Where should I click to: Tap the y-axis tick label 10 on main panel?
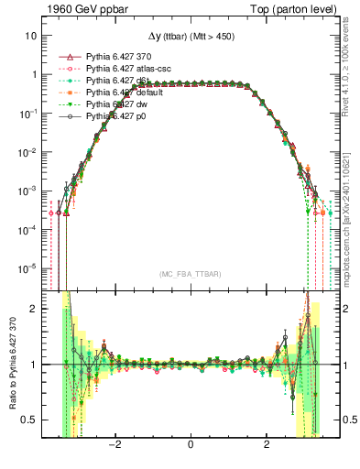click(30, 36)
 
